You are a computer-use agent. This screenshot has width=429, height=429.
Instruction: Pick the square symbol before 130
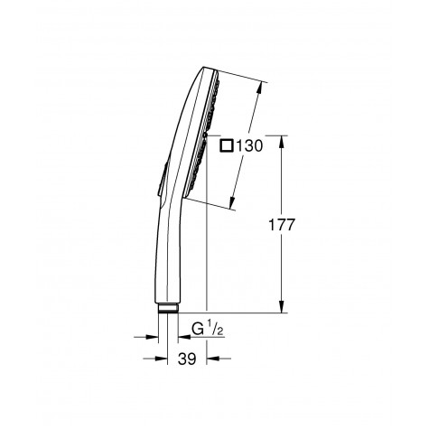(224, 145)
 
